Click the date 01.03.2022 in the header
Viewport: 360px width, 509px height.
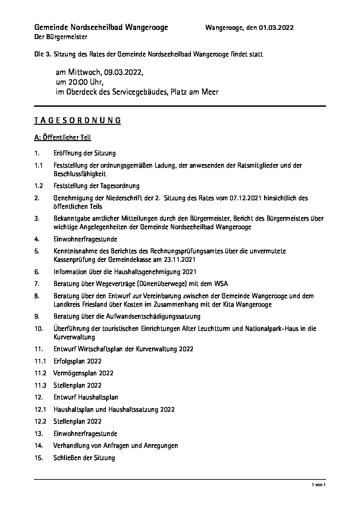(x=276, y=28)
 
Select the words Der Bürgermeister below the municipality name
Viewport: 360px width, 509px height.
(x=61, y=37)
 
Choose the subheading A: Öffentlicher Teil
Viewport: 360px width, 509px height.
(x=63, y=138)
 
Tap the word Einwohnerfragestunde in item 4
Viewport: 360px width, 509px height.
(x=85, y=239)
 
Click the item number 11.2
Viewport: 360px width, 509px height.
(x=40, y=373)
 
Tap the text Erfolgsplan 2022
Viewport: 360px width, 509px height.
(x=77, y=361)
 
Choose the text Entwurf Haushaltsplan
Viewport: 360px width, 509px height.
(x=86, y=397)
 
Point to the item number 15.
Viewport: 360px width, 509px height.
(x=38, y=458)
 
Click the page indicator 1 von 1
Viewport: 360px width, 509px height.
(x=320, y=485)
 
